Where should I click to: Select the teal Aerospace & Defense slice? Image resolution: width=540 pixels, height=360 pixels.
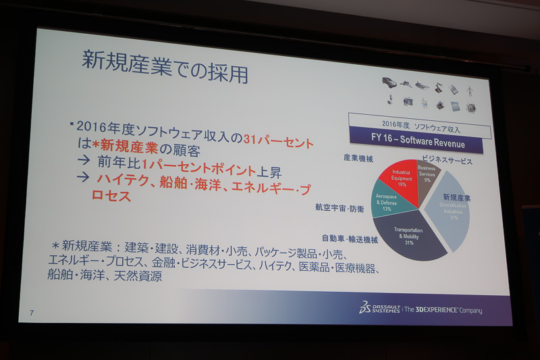[x=387, y=203]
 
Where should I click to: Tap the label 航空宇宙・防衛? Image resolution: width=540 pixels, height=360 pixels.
[x=340, y=208]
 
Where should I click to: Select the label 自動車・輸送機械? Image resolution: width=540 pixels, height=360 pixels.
[x=350, y=238]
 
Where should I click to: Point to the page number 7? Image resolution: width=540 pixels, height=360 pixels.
[x=32, y=313]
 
